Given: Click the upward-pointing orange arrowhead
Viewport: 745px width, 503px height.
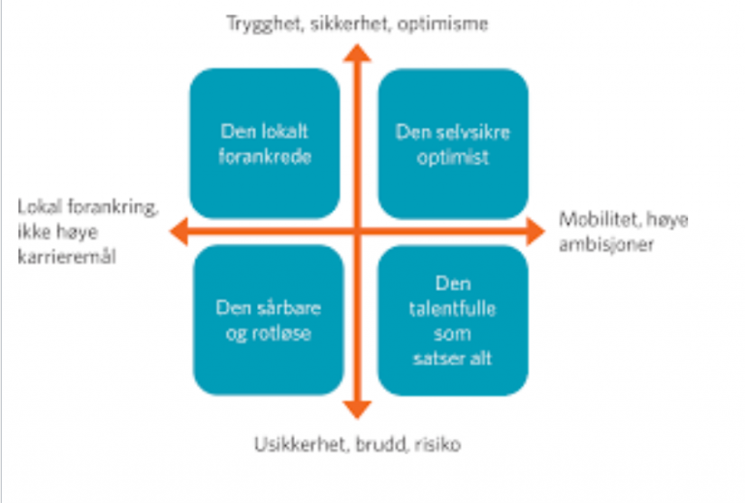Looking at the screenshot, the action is pyautogui.click(x=357, y=53).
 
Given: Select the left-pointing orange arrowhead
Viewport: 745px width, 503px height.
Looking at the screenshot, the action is pyautogui.click(x=178, y=231).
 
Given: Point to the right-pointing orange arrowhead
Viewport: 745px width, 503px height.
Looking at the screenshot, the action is pyautogui.click(x=535, y=231).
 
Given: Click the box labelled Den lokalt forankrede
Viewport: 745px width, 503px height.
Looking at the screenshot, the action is pyautogui.click(x=265, y=143).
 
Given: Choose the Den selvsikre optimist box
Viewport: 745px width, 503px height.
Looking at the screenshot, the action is pyautogui.click(x=453, y=143).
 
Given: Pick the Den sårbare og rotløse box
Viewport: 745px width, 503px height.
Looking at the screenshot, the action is pyautogui.click(x=269, y=320).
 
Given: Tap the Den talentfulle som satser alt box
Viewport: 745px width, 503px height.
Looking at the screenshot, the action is pyautogui.click(x=453, y=320).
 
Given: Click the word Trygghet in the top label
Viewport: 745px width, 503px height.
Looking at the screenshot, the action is pyautogui.click(x=265, y=23).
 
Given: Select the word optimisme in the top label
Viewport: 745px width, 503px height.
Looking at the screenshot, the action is pyautogui.click(x=442, y=23).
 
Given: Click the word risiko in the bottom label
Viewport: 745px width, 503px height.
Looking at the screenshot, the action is pyautogui.click(x=437, y=445).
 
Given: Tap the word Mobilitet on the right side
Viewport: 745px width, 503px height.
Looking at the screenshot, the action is pyautogui.click(x=597, y=219).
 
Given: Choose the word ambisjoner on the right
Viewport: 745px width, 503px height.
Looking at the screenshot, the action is pyautogui.click(x=606, y=245).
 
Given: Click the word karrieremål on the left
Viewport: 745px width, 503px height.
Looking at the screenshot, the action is pyautogui.click(x=67, y=257).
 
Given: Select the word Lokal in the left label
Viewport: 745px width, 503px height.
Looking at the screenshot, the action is pyautogui.click(x=40, y=206).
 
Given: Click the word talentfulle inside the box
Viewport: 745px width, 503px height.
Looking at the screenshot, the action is pyautogui.click(x=452, y=309).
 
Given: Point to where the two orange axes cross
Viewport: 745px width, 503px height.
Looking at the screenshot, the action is pyautogui.click(x=357, y=231).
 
